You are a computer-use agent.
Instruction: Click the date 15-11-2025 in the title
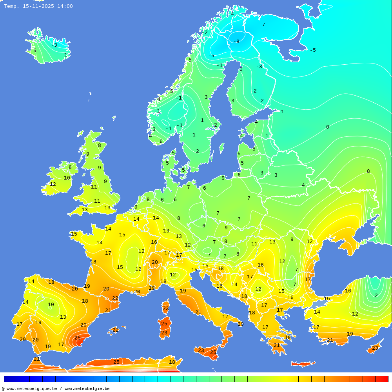(38, 6)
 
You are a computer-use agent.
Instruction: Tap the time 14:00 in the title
(65, 6)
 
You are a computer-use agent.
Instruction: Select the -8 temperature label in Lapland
(236, 42)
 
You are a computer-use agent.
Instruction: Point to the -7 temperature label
(262, 25)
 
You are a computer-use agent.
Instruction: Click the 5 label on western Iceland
(34, 51)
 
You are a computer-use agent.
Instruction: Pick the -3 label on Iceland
(54, 45)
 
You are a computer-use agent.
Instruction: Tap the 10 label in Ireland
(67, 178)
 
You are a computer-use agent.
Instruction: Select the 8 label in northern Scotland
(99, 145)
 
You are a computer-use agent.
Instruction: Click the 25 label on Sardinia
(164, 324)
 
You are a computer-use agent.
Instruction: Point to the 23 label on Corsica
(165, 309)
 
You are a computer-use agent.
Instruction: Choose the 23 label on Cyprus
(375, 348)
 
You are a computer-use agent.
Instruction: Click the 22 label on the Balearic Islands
(116, 330)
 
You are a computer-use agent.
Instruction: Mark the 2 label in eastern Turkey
(376, 296)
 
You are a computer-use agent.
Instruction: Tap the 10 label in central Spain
(51, 305)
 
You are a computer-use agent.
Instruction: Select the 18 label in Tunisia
(172, 362)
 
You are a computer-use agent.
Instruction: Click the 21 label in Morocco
(36, 359)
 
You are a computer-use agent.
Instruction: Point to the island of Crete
(303, 364)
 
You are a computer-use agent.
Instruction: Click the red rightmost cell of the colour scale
(382, 379)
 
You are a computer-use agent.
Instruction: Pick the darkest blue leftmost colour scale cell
(10, 379)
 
